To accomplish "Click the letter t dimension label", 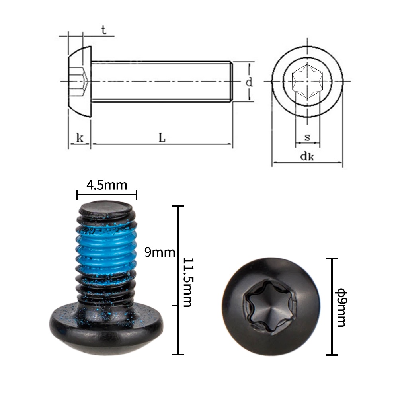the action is (x=103, y=30).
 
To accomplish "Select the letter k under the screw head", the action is (x=80, y=138).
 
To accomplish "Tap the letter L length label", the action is (x=162, y=138).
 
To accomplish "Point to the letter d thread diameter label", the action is (x=249, y=82).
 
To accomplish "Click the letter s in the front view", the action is (x=307, y=137).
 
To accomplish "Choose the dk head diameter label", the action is (x=307, y=156).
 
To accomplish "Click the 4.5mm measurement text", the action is (x=107, y=185).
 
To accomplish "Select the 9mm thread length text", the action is (x=160, y=252).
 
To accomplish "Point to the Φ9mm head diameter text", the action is (x=341, y=307).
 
